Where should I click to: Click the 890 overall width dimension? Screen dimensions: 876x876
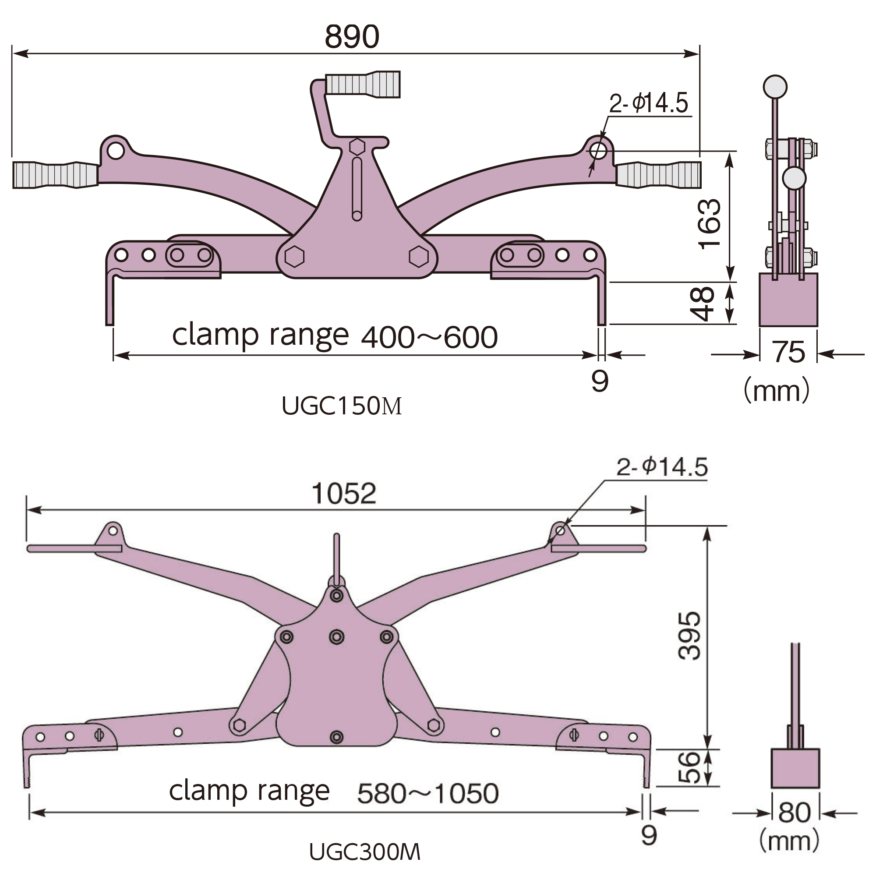[352, 37]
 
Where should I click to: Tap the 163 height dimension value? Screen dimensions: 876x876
[710, 223]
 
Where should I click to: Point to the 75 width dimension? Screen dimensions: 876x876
[789, 352]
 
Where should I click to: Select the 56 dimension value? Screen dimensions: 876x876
[689, 767]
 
